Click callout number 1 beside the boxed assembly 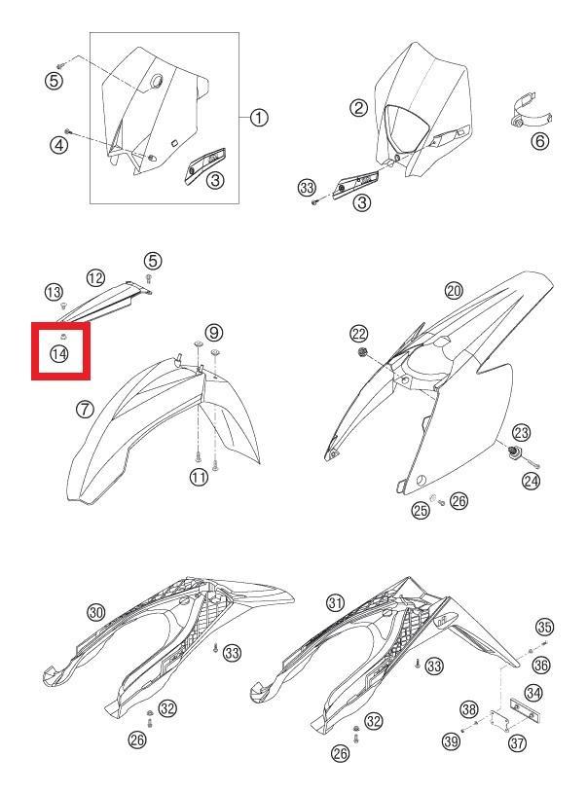259,118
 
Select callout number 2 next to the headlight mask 359,108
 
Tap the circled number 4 59,146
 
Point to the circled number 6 540,140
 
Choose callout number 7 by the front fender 85,409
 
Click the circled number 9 214,332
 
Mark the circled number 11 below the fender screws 199,477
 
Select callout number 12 95,277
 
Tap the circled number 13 55,292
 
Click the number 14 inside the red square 59,353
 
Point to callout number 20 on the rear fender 454,290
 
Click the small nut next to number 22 362,352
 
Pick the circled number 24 532,481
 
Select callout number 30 96,612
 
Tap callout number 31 336,602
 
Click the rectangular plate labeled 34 525,710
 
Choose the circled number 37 517,743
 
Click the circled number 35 544,628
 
